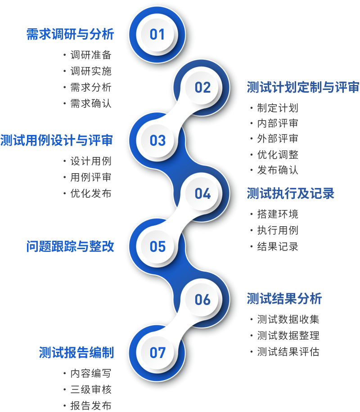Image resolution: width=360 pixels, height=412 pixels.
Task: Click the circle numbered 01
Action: [x=157, y=35]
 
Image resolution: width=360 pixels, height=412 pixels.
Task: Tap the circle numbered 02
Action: [x=202, y=88]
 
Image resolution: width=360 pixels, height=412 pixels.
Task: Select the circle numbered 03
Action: [x=157, y=141]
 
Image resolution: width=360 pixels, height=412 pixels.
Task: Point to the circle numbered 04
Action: [x=202, y=194]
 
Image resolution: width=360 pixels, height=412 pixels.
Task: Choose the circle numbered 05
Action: [x=157, y=247]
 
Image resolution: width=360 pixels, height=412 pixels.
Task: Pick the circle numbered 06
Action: [x=202, y=300]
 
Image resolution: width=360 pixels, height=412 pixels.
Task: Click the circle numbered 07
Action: [x=157, y=353]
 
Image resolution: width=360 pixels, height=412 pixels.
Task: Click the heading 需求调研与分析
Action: [x=70, y=35]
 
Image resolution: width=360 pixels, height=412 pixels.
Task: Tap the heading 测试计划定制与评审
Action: [x=303, y=87]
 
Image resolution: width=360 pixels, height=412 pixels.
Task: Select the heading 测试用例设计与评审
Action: [x=57, y=140]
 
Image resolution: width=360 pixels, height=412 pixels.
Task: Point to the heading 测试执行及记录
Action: [x=291, y=193]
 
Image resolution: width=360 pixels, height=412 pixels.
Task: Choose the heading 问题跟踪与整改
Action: [x=70, y=246]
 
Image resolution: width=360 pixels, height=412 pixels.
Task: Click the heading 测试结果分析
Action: [x=284, y=299]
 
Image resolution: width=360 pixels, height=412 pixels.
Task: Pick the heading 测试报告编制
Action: [x=76, y=352]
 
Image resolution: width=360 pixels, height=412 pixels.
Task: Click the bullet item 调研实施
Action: [x=91, y=71]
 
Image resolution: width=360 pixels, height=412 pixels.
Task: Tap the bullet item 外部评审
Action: [x=278, y=139]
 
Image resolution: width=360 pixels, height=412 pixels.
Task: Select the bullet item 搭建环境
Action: [x=278, y=214]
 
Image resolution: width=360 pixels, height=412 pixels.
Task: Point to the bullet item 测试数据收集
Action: [x=288, y=319]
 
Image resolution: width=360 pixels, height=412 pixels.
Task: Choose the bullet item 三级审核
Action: [x=91, y=390]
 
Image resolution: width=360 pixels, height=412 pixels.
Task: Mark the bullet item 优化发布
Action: [x=91, y=193]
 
